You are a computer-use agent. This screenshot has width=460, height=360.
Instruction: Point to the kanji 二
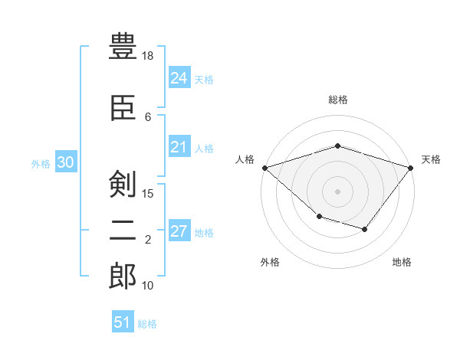point(123,229)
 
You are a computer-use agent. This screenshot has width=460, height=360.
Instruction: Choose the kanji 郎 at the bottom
point(123,275)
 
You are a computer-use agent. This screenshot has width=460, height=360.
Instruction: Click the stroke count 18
point(148,57)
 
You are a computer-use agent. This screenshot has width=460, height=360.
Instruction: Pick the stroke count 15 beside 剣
point(148,193)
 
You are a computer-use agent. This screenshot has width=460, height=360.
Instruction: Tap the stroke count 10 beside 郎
point(148,286)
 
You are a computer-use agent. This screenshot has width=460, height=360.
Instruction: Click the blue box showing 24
point(179,78)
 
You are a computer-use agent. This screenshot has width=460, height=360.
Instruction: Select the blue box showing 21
point(179,147)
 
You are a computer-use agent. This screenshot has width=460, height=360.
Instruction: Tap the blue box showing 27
point(179,231)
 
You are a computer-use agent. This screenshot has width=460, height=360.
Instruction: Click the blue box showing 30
point(65,163)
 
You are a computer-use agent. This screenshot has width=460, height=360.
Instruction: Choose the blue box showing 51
point(122,322)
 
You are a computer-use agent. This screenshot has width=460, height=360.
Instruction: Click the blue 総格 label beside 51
point(147,324)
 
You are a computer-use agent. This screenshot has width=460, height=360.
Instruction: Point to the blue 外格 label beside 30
point(40,164)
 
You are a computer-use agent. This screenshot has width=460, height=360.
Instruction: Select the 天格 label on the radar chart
point(431,159)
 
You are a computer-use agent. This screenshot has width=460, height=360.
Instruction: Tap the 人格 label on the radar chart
point(245,159)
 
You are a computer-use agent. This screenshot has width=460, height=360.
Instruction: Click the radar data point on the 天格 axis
point(412,167)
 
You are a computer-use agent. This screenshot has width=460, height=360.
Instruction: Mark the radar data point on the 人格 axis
point(264,168)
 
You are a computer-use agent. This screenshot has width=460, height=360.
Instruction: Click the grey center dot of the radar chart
point(338,191)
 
